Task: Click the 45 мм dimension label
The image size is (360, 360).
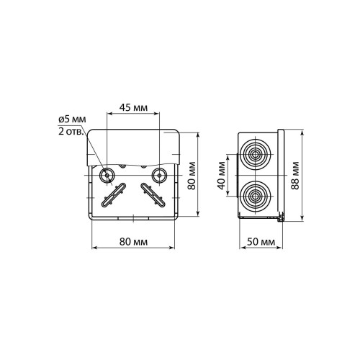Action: (x=133, y=108)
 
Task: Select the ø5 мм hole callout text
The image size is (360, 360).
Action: (x=72, y=120)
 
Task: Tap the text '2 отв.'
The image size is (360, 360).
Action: (x=71, y=132)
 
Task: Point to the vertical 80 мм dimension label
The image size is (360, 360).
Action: (x=192, y=176)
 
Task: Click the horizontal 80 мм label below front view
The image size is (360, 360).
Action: (x=133, y=242)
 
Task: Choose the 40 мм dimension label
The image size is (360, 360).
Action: (x=222, y=176)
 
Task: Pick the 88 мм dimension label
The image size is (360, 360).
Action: (x=295, y=176)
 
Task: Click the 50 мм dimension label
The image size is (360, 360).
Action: (x=261, y=242)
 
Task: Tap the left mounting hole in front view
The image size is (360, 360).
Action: (x=107, y=176)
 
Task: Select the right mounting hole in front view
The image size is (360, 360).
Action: (x=159, y=176)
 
